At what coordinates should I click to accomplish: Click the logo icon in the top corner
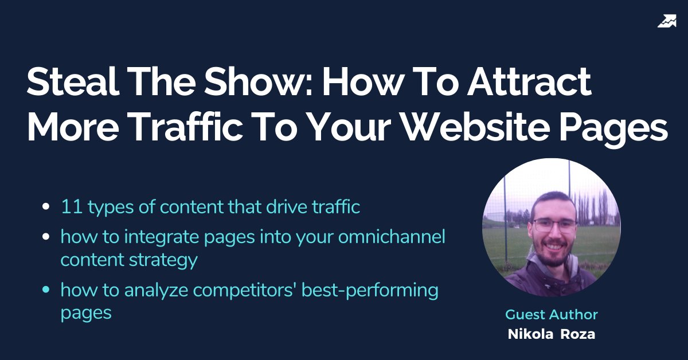667,22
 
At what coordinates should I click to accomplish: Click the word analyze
155,291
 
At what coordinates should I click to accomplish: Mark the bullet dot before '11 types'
46,208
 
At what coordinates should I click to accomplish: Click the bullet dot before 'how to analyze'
46,291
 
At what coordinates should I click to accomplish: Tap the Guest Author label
551,315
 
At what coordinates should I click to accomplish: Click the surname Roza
578,335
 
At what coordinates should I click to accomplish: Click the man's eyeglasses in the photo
553,225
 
